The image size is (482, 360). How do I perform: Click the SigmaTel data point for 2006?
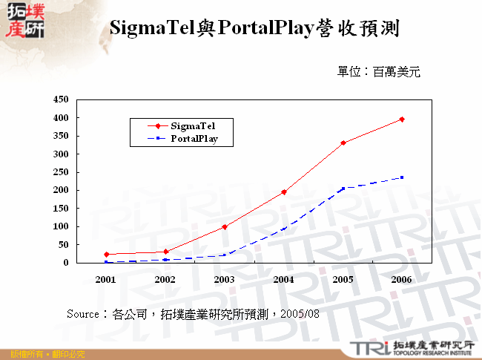click(402, 119)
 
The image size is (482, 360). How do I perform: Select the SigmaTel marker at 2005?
click(343, 143)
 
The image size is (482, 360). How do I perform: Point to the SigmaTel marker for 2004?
click(283, 192)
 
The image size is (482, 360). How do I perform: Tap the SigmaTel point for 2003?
click(224, 226)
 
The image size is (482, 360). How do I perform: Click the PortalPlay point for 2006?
click(402, 177)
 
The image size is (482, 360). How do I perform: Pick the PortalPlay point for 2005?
click(343, 189)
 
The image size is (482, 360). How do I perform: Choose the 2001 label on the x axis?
click(105, 280)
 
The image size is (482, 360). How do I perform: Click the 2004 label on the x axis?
click(283, 280)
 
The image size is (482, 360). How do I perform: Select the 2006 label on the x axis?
click(402, 280)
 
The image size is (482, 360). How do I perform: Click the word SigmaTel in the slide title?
click(153, 29)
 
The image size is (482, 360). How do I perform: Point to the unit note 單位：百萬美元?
click(378, 72)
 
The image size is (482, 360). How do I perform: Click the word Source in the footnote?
click(82, 314)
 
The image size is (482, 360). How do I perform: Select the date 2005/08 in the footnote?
click(303, 314)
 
